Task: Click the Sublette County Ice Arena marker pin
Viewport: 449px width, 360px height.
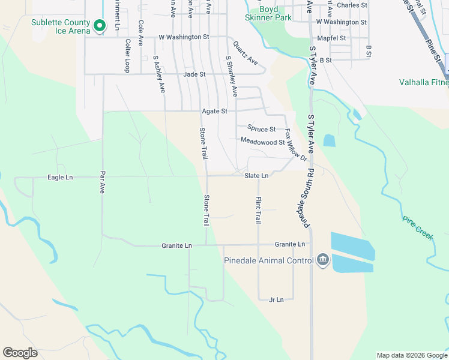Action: click(x=100, y=25)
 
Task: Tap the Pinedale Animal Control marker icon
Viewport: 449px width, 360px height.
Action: click(x=323, y=260)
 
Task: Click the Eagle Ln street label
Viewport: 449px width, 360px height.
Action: click(x=60, y=177)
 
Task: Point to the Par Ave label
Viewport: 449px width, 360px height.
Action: click(x=102, y=184)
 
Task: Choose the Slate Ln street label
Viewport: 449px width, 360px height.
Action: click(x=256, y=175)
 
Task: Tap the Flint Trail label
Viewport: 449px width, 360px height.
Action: click(x=259, y=210)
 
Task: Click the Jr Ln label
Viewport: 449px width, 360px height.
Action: click(x=276, y=299)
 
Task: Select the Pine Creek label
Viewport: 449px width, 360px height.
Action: click(x=418, y=227)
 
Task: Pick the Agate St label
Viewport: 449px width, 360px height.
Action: click(x=214, y=111)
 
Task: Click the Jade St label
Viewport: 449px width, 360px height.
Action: click(x=194, y=74)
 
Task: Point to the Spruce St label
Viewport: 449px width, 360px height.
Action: click(x=261, y=128)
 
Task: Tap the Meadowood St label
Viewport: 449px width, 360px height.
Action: click(x=262, y=142)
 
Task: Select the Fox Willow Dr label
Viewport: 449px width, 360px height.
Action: click(x=295, y=145)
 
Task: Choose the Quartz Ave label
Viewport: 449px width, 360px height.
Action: click(x=245, y=53)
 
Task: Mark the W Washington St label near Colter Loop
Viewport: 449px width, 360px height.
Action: click(x=184, y=37)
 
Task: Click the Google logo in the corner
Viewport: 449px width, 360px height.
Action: click(x=20, y=353)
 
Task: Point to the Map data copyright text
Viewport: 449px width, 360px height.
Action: click(x=411, y=355)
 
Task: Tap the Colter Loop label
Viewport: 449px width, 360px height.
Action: click(x=127, y=55)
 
